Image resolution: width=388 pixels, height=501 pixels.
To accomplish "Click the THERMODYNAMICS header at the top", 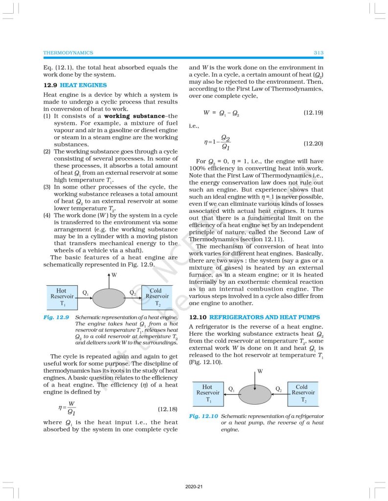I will (x=68, y=52).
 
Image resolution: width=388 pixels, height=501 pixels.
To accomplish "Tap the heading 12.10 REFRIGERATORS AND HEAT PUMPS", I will (x=254, y=318).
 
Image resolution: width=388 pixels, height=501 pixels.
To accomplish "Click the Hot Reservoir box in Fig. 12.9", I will (x=62, y=296).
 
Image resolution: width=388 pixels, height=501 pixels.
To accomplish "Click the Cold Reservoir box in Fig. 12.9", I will (x=158, y=296).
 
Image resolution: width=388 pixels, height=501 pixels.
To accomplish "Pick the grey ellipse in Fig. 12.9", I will (x=109, y=297).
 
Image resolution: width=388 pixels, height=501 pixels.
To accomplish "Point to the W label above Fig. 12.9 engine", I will (x=114, y=275).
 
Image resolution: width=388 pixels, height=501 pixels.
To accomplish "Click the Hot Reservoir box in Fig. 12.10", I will (x=208, y=393).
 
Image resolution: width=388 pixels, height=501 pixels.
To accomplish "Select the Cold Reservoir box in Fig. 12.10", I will (x=301, y=393).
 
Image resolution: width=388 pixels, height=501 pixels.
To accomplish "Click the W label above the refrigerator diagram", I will (x=260, y=371).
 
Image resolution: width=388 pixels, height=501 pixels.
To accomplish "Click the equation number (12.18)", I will (x=167, y=409).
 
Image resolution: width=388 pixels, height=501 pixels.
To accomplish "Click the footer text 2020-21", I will (x=194, y=487).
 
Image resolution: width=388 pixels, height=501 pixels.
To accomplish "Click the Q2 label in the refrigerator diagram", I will (x=278, y=389).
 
